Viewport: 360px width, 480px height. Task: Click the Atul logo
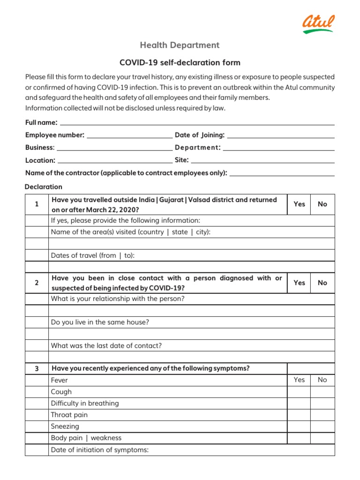click(318, 23)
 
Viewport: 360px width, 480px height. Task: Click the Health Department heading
click(180, 45)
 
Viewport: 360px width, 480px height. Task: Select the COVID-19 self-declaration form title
click(180, 62)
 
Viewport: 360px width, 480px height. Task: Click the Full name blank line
click(197, 123)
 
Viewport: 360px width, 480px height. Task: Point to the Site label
click(181, 160)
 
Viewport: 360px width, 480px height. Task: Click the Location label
click(40, 160)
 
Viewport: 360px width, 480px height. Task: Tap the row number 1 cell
click(37, 204)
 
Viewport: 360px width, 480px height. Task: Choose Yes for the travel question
click(299, 204)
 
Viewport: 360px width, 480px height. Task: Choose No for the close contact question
click(322, 283)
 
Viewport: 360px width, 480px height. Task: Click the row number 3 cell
click(37, 368)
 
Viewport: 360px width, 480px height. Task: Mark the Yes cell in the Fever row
click(299, 380)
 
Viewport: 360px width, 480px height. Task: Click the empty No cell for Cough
click(322, 392)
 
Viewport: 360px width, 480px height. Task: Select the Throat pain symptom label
click(69, 415)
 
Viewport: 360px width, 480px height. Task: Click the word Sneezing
click(65, 427)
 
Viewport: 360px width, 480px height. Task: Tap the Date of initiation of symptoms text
click(99, 450)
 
